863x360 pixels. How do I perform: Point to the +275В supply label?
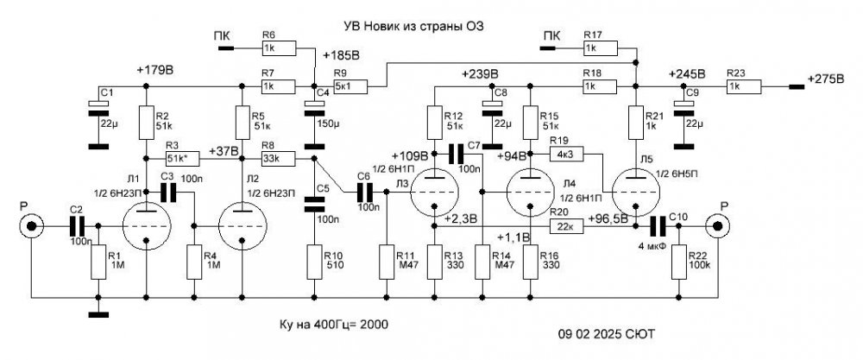point(828,79)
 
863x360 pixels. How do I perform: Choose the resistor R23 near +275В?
point(744,86)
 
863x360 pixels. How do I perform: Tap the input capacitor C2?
point(77,226)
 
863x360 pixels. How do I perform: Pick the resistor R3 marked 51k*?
point(177,159)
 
